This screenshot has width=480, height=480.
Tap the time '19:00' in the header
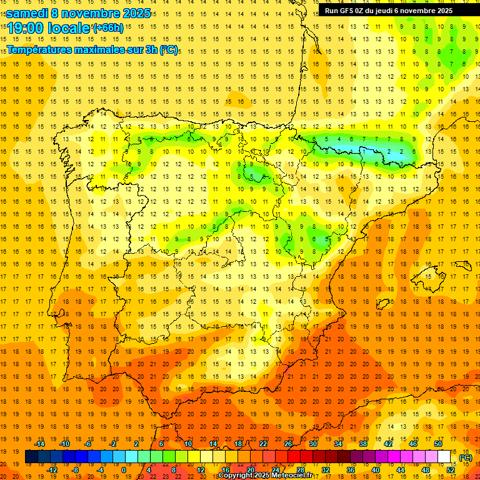pos(27,28)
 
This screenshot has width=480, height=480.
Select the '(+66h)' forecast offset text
pos(107,28)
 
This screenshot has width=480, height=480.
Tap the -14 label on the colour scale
pos(40,444)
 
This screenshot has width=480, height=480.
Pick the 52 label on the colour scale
pos(451,469)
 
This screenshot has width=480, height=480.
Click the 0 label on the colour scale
pos(124,469)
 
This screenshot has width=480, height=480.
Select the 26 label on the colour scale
pos(288,444)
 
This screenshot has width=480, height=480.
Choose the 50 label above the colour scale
pos(437,444)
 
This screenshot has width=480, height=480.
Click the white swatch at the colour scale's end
pos(444,457)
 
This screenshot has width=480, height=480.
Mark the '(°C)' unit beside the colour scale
pos(466,457)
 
